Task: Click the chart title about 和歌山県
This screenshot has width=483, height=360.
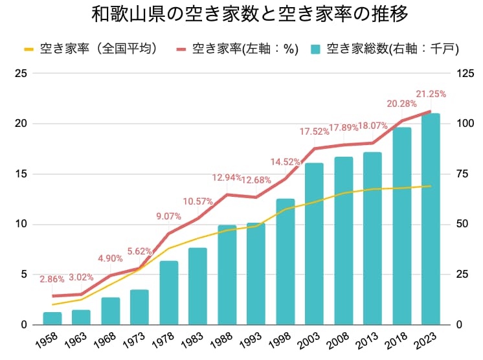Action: click(241, 15)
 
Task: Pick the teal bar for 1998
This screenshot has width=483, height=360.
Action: click(286, 262)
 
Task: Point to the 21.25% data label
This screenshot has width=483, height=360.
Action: click(431, 95)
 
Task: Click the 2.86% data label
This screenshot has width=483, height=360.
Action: click(52, 280)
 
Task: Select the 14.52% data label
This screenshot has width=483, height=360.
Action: click(286, 162)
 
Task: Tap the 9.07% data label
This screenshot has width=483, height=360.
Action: click(169, 216)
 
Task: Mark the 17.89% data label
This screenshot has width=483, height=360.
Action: click(343, 128)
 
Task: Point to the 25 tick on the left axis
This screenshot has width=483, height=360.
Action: click(21, 73)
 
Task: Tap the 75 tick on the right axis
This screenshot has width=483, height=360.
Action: click(463, 174)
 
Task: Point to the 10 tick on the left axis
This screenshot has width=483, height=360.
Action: click(21, 225)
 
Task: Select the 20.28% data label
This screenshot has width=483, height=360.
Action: click(401, 104)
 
